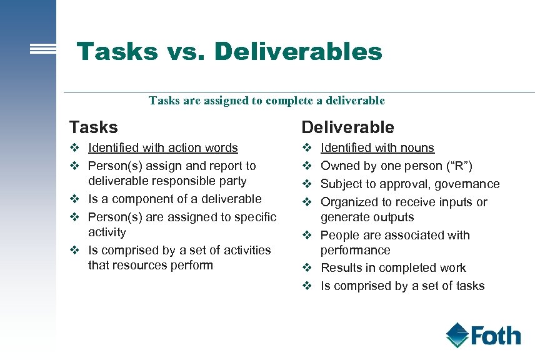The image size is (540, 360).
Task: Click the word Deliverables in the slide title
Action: coord(297,51)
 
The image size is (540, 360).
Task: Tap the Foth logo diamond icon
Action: coord(457,335)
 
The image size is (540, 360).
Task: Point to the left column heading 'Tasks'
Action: coord(93,127)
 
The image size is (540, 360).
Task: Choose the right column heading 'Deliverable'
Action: coord(347,127)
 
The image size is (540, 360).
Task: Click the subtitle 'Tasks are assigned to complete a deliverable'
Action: coord(267,101)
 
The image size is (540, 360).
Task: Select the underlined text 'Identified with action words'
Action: coord(162,148)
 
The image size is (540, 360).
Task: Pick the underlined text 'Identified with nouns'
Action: coord(377,148)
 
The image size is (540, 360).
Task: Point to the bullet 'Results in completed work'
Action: coord(393,268)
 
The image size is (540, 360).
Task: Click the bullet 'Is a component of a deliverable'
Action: coord(174,199)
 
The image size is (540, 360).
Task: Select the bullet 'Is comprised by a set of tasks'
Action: coord(402,286)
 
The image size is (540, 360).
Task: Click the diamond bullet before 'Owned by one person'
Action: coord(307,166)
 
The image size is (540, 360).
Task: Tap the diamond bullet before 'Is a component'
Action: coord(74,199)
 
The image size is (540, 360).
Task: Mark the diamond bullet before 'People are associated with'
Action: coord(307,236)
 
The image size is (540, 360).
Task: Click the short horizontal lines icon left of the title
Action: coord(43,49)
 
